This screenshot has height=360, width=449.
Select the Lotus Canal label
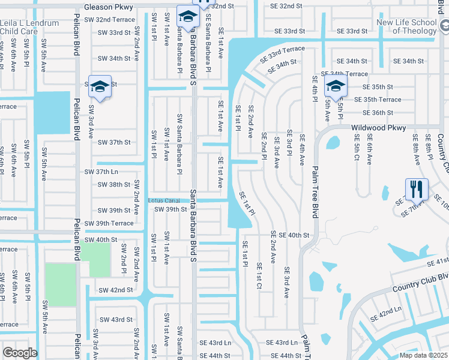tap(164, 200)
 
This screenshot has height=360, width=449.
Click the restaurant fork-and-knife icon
tap(415, 190)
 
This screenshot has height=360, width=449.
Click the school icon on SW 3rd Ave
tap(100, 88)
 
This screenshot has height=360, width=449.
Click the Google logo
tap(19, 353)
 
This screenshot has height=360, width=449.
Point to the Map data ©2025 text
tap(423, 355)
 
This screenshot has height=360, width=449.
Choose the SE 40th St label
tap(294, 235)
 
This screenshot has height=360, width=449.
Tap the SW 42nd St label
tap(116, 290)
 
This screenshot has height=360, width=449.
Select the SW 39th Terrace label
tap(109, 223)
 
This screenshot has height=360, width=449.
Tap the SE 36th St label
tap(378, 113)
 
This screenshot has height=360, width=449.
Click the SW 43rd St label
tap(116, 319)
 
